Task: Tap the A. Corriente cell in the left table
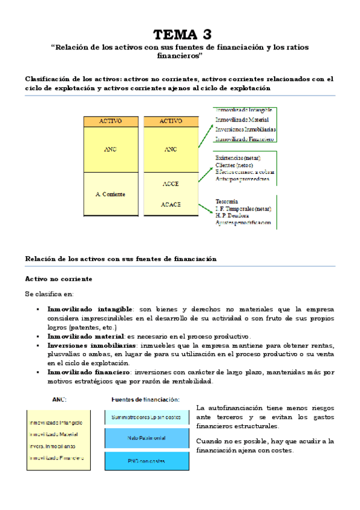(110, 195)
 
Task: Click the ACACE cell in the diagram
(171, 204)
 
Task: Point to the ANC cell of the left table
(110, 149)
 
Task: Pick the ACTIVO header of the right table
(171, 121)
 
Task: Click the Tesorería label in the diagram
(227, 201)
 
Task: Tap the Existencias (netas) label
(235, 158)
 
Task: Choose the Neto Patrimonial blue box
(146, 438)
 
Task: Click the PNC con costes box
(146, 461)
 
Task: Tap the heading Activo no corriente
(58, 280)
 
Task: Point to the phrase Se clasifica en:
(49, 294)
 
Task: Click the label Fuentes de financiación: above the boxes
(145, 399)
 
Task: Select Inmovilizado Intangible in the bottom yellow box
(56, 423)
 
